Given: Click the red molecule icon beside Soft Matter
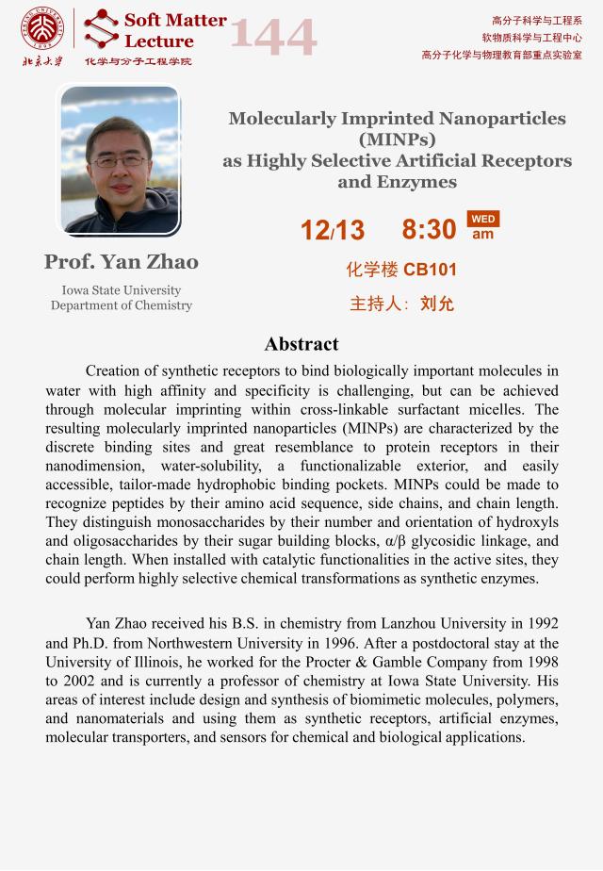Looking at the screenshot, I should [101, 29].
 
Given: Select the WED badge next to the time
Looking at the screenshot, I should [482, 219].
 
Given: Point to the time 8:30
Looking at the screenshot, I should [429, 229].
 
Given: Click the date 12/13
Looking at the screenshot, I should [332, 229].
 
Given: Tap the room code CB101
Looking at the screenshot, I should [430, 270].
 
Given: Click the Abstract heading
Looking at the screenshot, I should [301, 344].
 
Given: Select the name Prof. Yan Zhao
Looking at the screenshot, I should [121, 261].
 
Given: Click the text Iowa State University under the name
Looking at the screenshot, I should [121, 290].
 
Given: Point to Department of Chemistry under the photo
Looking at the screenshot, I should [121, 305].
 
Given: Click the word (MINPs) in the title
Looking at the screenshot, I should [397, 140].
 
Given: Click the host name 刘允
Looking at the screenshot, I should [437, 304].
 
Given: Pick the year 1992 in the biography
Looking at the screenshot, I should [540, 623].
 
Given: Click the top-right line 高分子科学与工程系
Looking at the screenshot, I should [536, 21].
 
